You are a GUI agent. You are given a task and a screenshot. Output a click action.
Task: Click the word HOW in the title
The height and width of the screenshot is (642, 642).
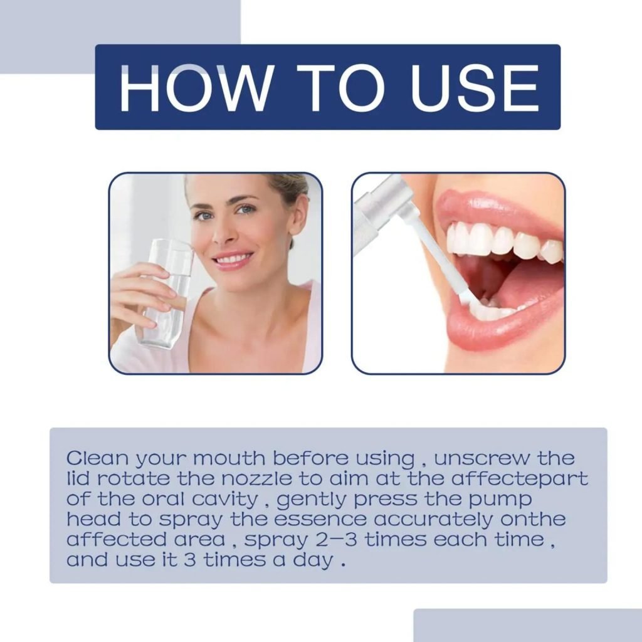195,88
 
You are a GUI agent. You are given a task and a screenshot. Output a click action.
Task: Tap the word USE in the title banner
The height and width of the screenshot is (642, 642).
475,88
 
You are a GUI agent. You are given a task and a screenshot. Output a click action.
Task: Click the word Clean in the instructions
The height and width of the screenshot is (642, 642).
97,458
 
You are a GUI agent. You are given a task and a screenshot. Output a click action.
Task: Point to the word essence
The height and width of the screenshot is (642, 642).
320,520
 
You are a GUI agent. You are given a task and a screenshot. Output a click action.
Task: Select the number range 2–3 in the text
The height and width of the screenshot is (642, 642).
336,540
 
